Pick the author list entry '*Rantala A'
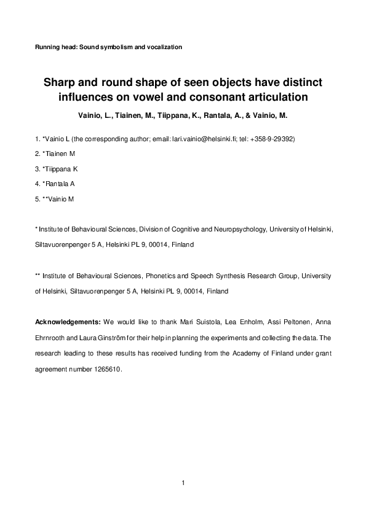(x=58, y=183)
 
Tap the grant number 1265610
(x=108, y=370)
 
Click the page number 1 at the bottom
(x=183, y=483)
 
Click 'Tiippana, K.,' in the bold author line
(x=171, y=115)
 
